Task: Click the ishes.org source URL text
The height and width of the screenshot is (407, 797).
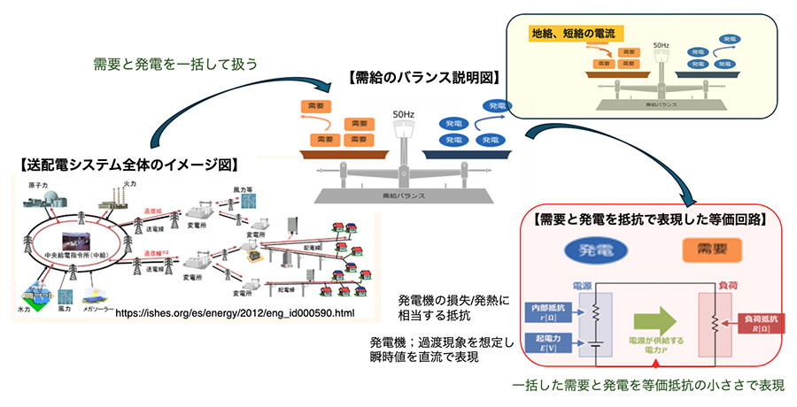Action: (235, 313)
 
